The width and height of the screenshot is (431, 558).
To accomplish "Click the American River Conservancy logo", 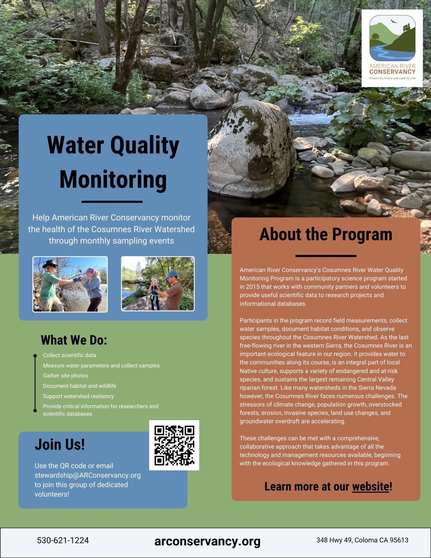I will click(x=392, y=48).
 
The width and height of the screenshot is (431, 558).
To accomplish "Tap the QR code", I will click(x=174, y=445).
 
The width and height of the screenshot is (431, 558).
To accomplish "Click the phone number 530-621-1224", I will click(x=63, y=540).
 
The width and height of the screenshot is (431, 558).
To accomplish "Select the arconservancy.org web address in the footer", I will click(x=207, y=541).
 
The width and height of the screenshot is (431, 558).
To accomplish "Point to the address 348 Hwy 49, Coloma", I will click(x=362, y=540).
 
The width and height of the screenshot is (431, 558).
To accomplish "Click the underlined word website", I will click(x=371, y=486).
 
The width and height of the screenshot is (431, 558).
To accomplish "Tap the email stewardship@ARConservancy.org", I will click(x=87, y=475).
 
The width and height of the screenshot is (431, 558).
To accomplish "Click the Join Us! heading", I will click(x=60, y=445).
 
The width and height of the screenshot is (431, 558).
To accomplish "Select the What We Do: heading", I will click(x=74, y=340).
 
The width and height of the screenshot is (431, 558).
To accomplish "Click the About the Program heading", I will click(x=326, y=234).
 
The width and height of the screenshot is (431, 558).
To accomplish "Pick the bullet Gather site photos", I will click(x=65, y=375).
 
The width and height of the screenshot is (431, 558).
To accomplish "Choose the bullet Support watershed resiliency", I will click(x=78, y=396).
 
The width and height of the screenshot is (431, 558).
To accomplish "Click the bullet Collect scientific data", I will click(x=69, y=355).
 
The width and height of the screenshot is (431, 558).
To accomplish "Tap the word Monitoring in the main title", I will click(x=113, y=179).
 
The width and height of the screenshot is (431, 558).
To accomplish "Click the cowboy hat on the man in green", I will click(x=50, y=263).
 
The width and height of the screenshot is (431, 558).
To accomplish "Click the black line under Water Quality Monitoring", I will click(x=112, y=201).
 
